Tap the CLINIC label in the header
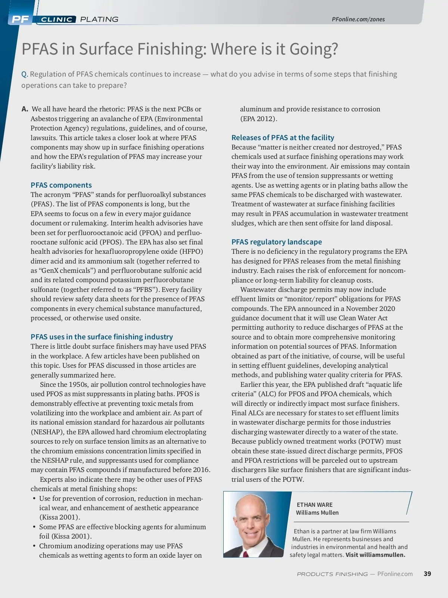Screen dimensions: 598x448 click(56, 19)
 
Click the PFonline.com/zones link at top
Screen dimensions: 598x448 click(358, 19)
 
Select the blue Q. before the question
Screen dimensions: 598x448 click(25, 74)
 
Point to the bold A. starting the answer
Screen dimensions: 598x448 click(25, 109)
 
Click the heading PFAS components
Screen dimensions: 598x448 click(61, 185)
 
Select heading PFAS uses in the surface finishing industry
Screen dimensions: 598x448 click(102, 337)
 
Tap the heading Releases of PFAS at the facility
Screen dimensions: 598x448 click(283, 138)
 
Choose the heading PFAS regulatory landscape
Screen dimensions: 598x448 click(276, 242)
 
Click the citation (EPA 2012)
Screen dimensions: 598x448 click(258, 119)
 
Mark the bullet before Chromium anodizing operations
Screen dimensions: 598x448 click(34, 546)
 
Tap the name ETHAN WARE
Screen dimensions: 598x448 click(314, 505)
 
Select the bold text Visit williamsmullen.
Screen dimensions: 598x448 click(375, 555)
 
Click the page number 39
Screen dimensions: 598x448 click(427, 574)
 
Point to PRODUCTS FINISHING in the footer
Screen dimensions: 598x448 click(332, 574)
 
